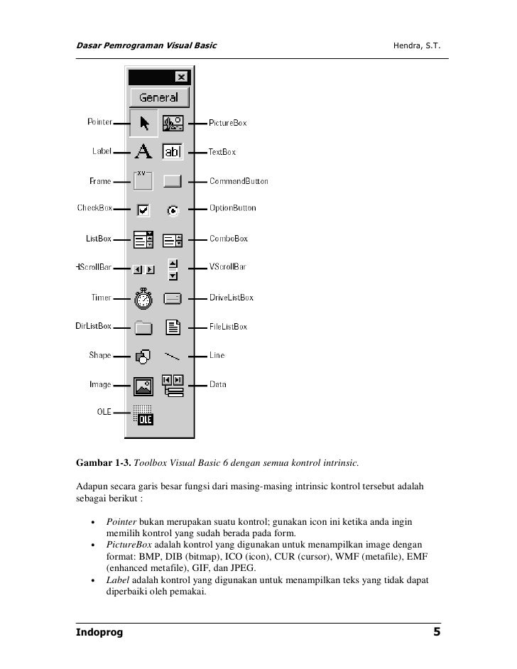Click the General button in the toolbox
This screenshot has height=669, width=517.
click(x=159, y=97)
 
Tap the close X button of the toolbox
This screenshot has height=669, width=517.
click(x=181, y=77)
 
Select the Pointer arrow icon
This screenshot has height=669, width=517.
click(x=144, y=123)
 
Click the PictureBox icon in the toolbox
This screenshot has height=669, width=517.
click(x=173, y=123)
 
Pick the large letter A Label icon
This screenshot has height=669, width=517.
click(x=143, y=151)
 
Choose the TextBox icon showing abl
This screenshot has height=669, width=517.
click(x=173, y=151)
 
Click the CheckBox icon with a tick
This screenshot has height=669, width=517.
click(x=143, y=210)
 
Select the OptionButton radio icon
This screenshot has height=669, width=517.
click(x=173, y=210)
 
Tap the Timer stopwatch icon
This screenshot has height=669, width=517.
click(x=143, y=298)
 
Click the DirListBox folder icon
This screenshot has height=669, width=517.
click(x=143, y=327)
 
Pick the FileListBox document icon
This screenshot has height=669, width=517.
click(x=173, y=327)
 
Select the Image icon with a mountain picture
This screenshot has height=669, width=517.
click(x=143, y=386)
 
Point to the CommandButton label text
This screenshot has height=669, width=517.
click(x=239, y=181)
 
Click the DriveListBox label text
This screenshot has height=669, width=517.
click(x=231, y=298)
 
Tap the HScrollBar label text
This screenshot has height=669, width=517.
click(x=94, y=268)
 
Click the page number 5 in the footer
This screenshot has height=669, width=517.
click(x=437, y=632)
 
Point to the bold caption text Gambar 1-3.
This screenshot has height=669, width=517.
click(x=103, y=464)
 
